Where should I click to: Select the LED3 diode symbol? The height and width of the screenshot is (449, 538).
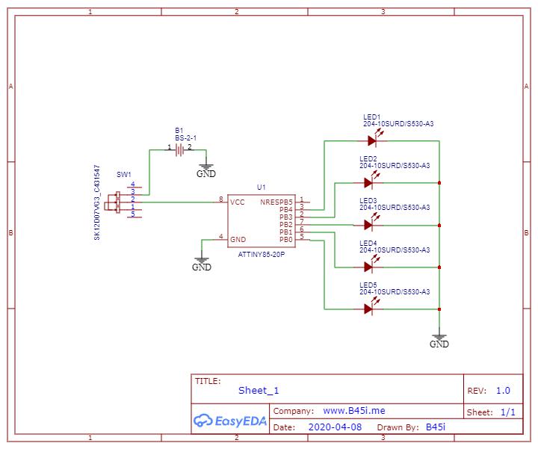[369, 224]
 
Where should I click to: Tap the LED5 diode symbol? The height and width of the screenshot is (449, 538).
[369, 309]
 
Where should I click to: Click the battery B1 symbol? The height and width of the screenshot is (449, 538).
[179, 150]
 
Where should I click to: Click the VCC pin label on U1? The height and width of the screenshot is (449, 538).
[238, 202]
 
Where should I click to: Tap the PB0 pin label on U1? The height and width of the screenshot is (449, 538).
[285, 239]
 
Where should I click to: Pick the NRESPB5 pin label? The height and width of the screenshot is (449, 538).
[276, 202]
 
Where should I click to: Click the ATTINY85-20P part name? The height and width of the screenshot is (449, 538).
[261, 255]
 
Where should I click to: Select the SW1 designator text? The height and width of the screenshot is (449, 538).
[124, 174]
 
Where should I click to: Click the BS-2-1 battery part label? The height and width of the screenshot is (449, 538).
[185, 138]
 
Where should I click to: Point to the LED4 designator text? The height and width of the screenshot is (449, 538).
[368, 244]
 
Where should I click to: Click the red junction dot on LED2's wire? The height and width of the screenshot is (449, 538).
[439, 183]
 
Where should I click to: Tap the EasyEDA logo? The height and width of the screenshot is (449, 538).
[230, 421]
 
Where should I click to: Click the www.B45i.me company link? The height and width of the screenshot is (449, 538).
[354, 411]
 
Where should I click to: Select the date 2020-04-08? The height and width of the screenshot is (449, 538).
[335, 427]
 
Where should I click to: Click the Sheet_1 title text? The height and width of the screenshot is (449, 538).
[259, 390]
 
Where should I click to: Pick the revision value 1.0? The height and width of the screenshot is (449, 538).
[503, 390]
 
